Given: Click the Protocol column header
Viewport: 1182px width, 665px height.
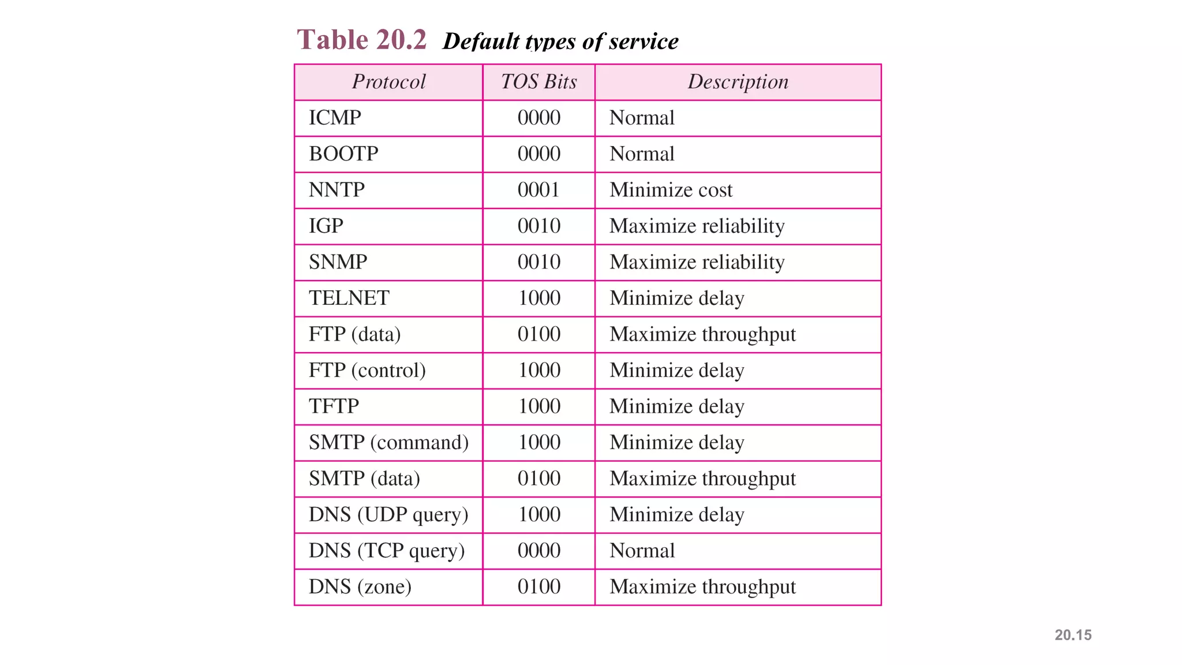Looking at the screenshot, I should pos(388,82).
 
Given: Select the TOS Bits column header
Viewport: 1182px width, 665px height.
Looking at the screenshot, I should pos(538,82).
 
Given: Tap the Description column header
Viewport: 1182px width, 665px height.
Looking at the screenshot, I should pos(738,82).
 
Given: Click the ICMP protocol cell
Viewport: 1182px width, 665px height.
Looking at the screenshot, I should pos(335,118).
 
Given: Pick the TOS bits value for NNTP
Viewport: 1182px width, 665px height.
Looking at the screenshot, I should pos(538,190).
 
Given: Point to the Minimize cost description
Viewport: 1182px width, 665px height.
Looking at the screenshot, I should pos(671,190).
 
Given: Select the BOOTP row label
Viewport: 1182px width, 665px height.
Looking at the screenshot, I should pos(343,154).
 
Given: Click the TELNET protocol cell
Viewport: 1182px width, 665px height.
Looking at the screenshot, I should pos(349,298).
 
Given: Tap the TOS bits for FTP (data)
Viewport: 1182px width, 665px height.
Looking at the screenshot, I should pos(538,334).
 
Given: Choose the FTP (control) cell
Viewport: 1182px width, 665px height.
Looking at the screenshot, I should pos(367,370).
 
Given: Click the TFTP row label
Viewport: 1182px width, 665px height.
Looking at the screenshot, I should pos(334,406).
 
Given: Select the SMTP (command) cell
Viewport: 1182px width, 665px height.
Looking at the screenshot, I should pos(388,442).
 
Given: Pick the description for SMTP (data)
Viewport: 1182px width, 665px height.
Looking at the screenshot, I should pos(702,479).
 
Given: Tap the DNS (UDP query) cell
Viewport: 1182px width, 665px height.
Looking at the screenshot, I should pos(388,514).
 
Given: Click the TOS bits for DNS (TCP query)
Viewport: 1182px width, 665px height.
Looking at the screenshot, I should pos(538,551).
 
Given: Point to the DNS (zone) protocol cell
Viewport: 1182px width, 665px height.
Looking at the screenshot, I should pos(360,586).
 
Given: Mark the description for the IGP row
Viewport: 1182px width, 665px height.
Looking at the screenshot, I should pos(697,226).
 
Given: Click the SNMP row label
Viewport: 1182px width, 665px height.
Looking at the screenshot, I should pos(338,262).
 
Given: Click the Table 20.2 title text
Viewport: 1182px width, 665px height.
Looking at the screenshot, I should pos(361,40).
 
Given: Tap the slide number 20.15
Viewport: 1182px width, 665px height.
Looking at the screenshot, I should pos(1073,635).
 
